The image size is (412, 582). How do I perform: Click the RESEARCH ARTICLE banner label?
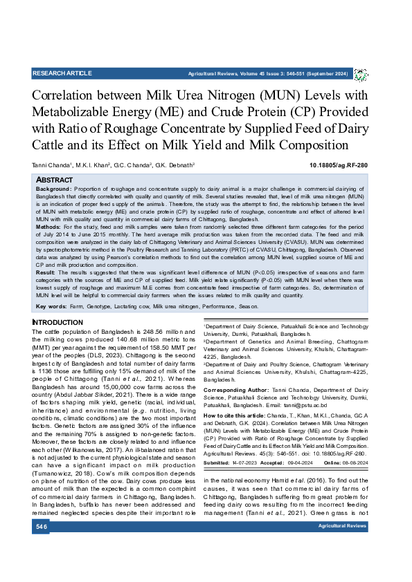pos(62,73)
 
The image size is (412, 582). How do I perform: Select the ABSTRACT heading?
pos(56,178)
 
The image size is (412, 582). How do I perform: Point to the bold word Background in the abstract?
pos(53,189)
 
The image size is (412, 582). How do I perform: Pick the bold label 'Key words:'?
pos(51,306)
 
